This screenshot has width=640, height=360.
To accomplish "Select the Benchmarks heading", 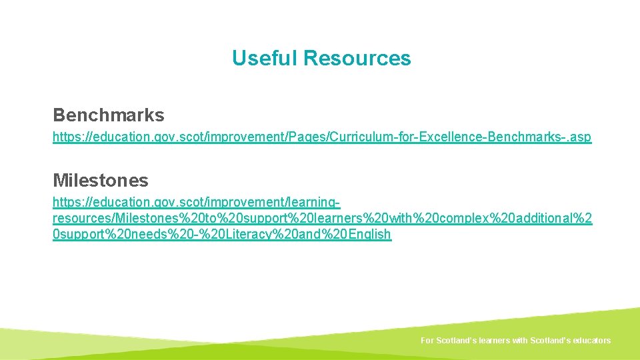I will (x=108, y=115).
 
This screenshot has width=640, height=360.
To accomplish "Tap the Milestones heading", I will (x=100, y=180).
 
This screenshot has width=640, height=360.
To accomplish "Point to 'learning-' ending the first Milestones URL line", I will (x=318, y=202).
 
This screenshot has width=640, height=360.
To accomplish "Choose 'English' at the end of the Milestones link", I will (x=369, y=235).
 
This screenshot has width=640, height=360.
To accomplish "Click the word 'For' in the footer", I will (x=427, y=341).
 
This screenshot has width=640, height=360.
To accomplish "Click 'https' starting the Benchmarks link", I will (x=65, y=137).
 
